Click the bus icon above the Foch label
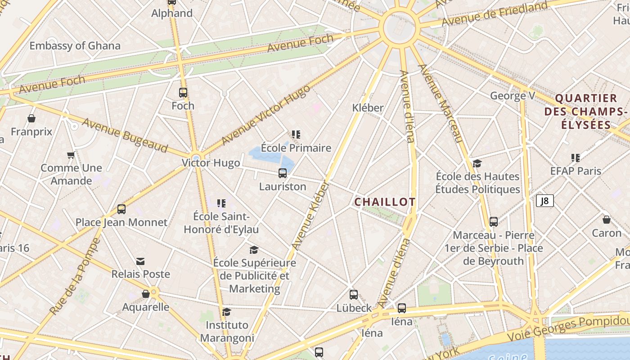coord(183,93)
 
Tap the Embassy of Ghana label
coord(75,45)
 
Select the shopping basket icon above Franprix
coord(31,118)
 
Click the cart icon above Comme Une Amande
coord(71,155)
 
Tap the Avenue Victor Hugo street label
coord(265,115)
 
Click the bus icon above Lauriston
coord(283,173)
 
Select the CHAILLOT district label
coord(385,202)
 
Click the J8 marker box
coord(544,201)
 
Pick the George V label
coord(513,95)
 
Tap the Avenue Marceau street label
coord(441,103)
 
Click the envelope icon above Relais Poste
coord(140,261)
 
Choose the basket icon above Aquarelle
coord(146,294)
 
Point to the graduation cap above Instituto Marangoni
coord(227,312)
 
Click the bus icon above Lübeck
coord(354,295)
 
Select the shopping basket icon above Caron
coord(607,220)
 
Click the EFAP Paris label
coord(576,171)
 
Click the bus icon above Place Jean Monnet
coord(121,209)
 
